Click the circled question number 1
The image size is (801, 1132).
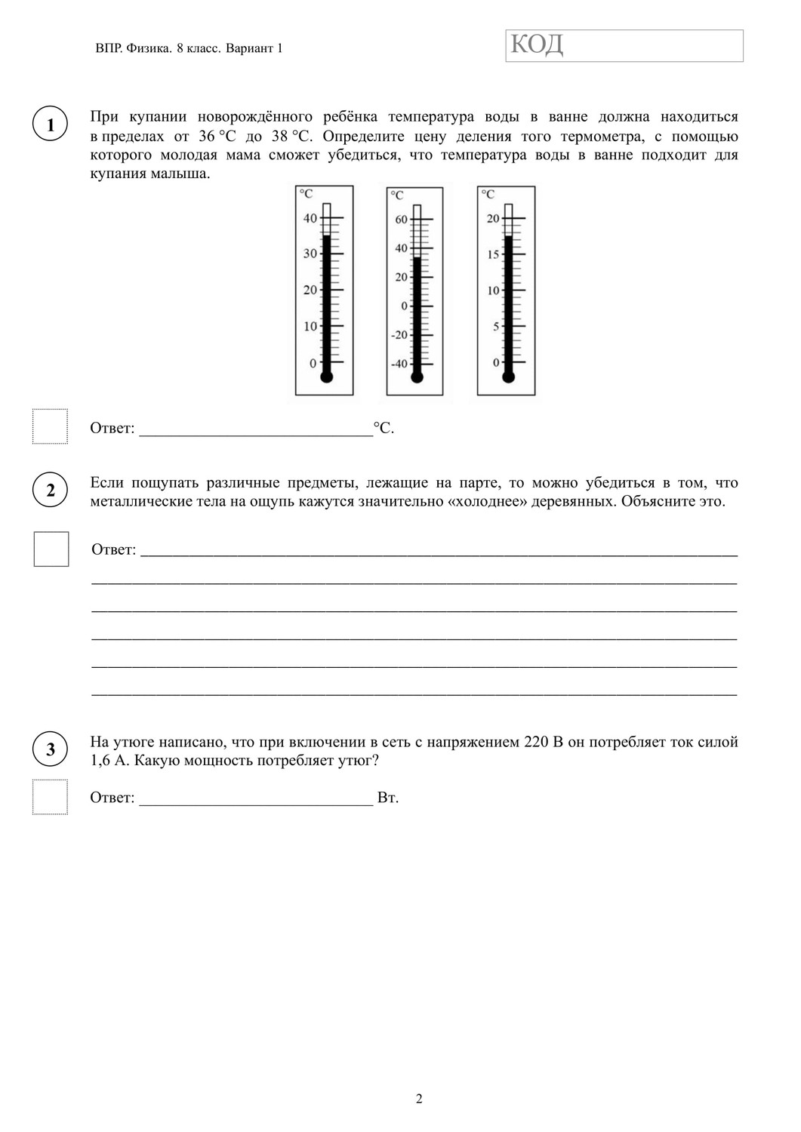coord(51,125)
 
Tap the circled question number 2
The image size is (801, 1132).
coord(51,490)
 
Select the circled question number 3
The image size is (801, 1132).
coord(51,749)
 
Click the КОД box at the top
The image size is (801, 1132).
coord(624,46)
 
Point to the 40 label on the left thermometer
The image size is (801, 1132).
coord(310,218)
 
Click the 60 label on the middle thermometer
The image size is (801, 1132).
coord(401,220)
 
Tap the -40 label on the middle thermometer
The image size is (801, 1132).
coord(399,364)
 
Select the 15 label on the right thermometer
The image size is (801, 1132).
coord(493,254)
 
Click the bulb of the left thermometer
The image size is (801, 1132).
coord(326,377)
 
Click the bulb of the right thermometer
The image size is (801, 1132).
coord(508,376)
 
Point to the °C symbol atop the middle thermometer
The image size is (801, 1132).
coord(397,195)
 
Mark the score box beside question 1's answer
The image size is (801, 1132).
coord(51,426)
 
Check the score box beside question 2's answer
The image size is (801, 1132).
coord(51,549)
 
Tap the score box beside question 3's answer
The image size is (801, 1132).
coord(51,797)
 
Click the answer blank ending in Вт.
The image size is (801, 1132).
coord(257,798)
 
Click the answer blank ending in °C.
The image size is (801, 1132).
coord(257,429)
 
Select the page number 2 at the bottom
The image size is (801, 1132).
coord(419,1098)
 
